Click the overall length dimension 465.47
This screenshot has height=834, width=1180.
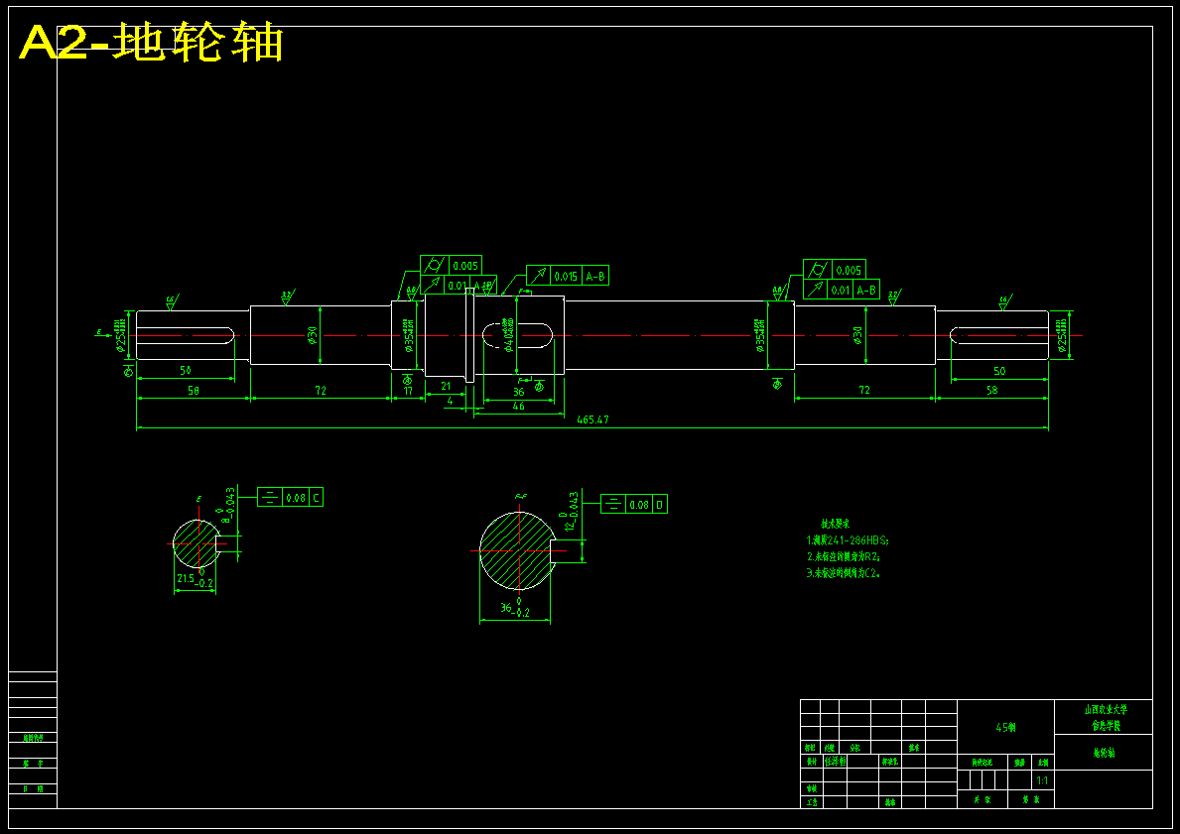coord(591,420)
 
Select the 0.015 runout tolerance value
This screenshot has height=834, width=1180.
coord(566,277)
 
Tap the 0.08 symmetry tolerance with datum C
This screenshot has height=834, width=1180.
coord(296,498)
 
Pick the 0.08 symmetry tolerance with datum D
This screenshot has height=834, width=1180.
coord(639,505)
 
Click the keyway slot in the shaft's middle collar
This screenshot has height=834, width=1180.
coord(517,335)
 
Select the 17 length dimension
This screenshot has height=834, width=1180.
coord(408,391)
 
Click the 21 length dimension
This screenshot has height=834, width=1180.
coord(446,386)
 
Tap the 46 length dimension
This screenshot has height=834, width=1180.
coord(518,407)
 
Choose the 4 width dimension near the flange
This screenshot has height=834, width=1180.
coord(450,402)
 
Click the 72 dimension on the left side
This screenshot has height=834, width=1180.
coord(321,391)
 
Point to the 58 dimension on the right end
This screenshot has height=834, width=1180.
coord(991,391)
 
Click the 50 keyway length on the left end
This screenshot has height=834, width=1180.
coord(185,370)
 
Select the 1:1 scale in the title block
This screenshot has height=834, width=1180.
coord(1041,781)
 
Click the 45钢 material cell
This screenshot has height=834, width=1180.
coord(1005,727)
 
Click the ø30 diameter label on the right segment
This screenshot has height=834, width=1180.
coord(856,335)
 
